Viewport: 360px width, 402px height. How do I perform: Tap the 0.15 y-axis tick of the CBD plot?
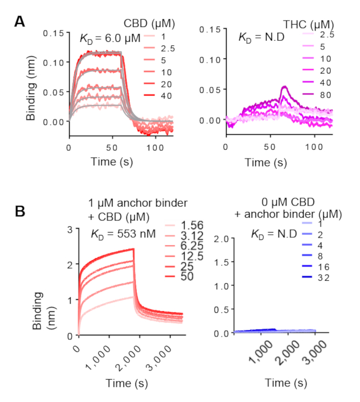click(55, 33)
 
